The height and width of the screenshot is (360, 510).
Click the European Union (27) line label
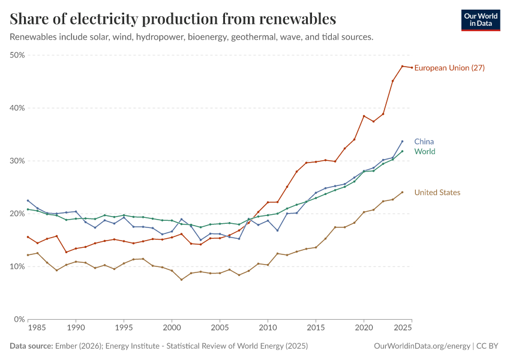click(449, 68)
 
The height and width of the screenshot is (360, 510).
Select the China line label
click(424, 142)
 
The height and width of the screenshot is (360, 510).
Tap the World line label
click(425, 152)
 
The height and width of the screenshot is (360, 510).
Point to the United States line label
click(437, 193)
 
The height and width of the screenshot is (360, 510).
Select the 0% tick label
click(19, 319)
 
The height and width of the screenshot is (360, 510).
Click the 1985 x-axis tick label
click(37, 328)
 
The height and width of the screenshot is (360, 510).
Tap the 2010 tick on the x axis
click(268, 328)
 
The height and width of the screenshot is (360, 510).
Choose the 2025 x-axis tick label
click(402, 328)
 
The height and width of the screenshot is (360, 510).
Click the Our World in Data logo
click(481, 20)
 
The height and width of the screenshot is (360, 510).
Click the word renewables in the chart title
click(298, 19)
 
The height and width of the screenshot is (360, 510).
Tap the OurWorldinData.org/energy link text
click(422, 346)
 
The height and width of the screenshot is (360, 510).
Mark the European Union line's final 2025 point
click(412, 67)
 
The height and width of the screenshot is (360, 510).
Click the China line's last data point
click(402, 142)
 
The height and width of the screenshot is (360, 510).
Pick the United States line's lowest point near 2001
click(181, 280)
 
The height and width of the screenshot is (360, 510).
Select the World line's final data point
click(402, 151)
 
